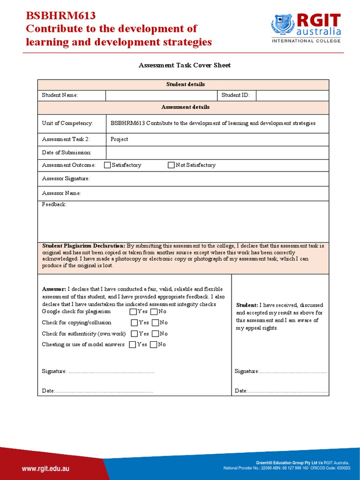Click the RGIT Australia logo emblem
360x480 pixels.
(283, 24)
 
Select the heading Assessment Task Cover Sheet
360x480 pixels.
(185, 65)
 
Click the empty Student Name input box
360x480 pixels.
(162, 95)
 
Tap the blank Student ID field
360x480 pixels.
(292, 95)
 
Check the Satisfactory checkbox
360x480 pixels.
(107, 165)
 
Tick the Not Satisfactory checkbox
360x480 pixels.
(171, 165)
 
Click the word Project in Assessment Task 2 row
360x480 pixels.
(119, 139)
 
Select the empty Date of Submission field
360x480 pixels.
(217, 152)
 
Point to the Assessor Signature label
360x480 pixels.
(66, 179)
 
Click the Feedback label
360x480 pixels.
(54, 205)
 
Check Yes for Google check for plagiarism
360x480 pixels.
(134, 312)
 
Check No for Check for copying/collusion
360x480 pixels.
(155, 322)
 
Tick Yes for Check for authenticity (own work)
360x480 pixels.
(135, 334)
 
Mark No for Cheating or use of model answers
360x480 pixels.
(153, 345)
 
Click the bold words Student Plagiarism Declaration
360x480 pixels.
(83, 246)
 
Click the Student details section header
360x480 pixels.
(185, 84)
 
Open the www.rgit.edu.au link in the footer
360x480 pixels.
(46, 468)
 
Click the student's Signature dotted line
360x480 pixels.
(293, 372)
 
